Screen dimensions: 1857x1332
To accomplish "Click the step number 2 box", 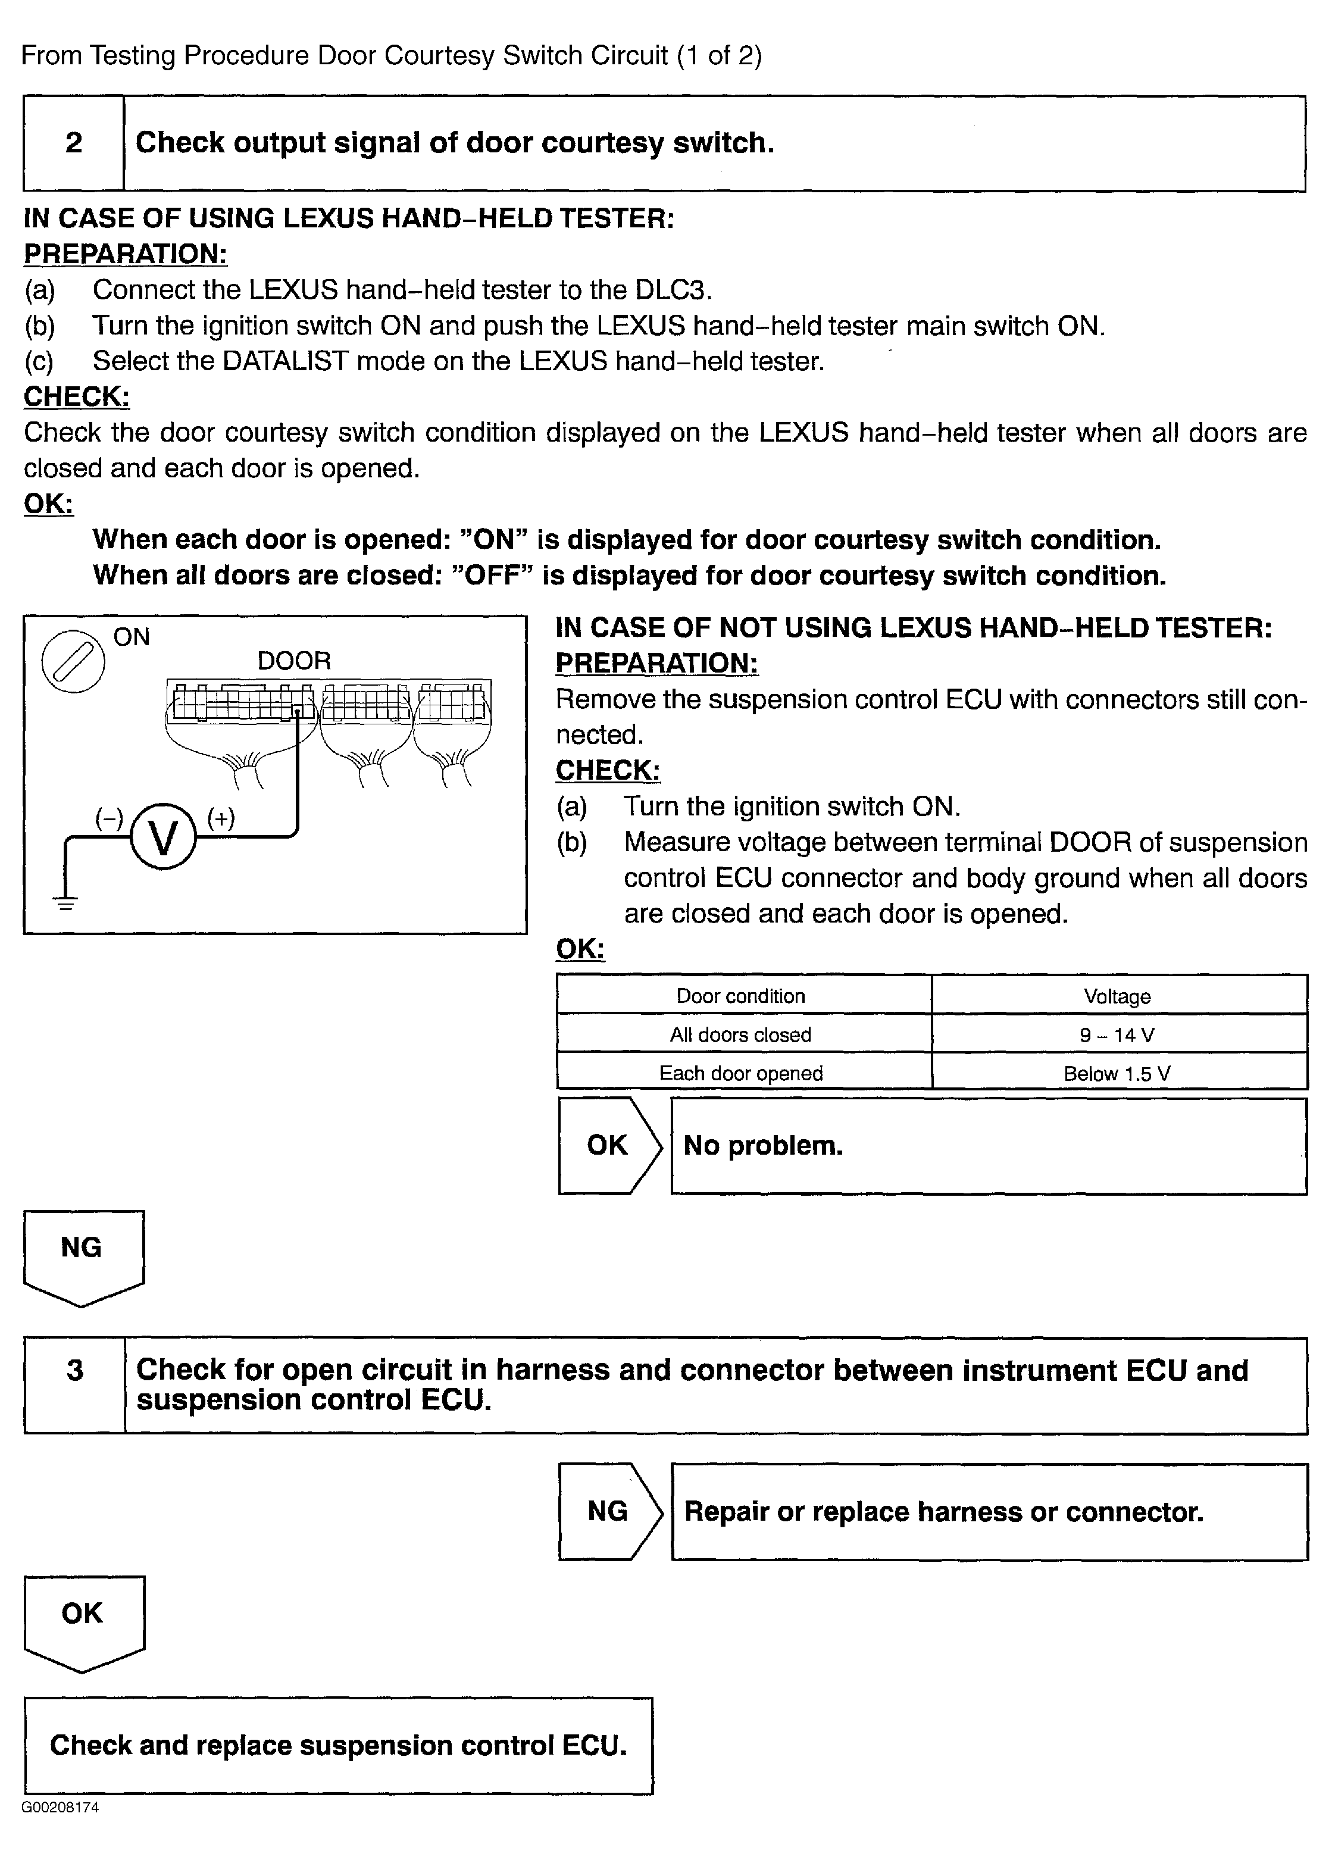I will pyautogui.click(x=74, y=143).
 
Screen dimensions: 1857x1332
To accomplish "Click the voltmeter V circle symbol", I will pyautogui.click(x=163, y=837).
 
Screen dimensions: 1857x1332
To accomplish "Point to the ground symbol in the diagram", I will pyautogui.click(x=65, y=903).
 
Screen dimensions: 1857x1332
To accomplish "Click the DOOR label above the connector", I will pyautogui.click(x=294, y=661).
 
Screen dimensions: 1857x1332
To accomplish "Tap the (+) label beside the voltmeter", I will pyautogui.click(x=221, y=818).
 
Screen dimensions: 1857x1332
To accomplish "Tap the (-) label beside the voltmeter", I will pyautogui.click(x=109, y=818).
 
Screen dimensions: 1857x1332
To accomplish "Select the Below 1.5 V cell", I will pyautogui.click(x=1118, y=1073).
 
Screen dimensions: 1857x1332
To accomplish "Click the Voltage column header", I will pyautogui.click(x=1118, y=996).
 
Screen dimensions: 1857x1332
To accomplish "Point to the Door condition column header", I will pyautogui.click(x=741, y=996).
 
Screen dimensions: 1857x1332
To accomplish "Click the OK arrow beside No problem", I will pyautogui.click(x=608, y=1146).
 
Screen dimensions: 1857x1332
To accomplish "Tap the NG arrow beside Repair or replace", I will pyautogui.click(x=608, y=1511).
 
